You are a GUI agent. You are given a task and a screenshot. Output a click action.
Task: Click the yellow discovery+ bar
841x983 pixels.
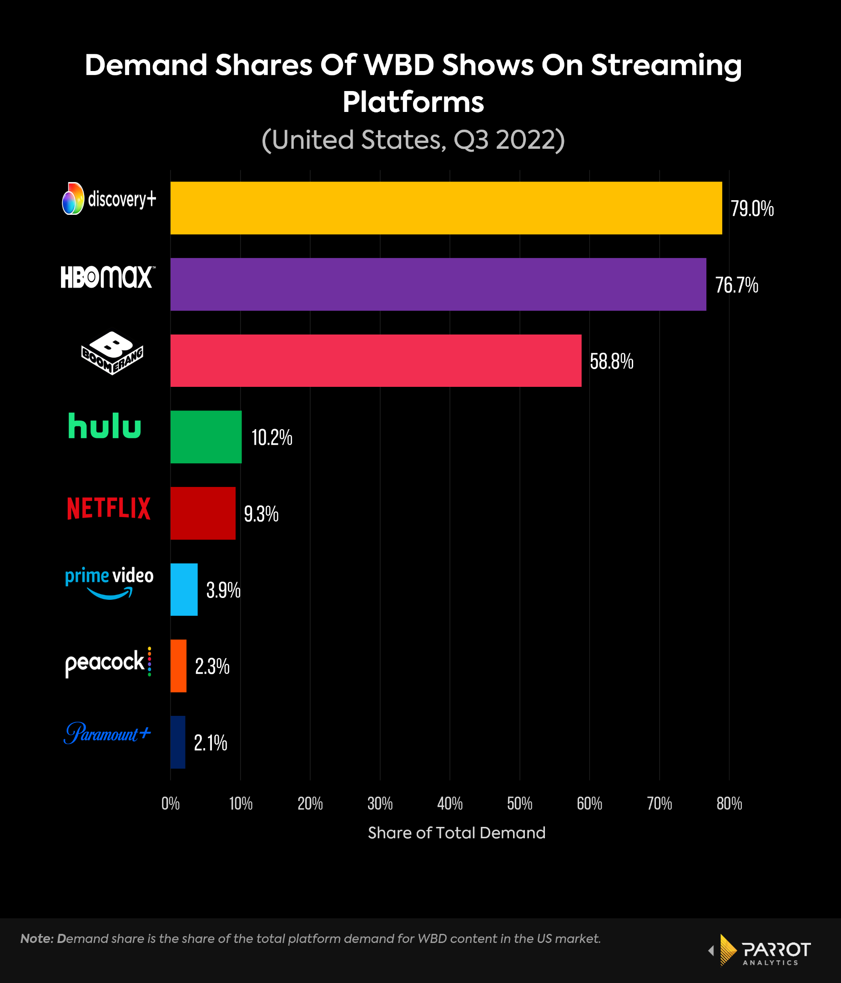[446, 208]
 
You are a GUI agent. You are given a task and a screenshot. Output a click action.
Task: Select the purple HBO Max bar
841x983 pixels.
[438, 284]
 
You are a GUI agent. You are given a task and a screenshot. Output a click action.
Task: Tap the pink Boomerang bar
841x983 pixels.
[375, 360]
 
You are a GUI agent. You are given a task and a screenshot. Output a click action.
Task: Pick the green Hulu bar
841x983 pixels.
[206, 437]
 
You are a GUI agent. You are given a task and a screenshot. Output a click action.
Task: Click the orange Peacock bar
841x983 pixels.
[178, 666]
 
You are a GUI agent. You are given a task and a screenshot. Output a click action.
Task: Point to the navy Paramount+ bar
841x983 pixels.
[178, 742]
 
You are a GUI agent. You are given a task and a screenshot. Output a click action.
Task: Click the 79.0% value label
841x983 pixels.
[752, 209]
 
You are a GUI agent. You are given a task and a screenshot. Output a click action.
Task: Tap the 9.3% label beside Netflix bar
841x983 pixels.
[261, 514]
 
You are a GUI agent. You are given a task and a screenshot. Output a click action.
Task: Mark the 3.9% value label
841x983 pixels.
[223, 590]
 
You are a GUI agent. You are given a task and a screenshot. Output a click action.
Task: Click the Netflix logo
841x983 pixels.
[109, 508]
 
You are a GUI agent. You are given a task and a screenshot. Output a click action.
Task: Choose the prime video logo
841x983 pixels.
[109, 583]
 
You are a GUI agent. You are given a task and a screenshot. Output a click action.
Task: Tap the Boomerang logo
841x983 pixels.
[112, 354]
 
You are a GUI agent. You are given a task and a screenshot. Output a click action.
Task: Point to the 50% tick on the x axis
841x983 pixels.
[519, 804]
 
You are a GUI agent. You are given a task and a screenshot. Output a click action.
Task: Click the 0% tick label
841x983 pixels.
[171, 804]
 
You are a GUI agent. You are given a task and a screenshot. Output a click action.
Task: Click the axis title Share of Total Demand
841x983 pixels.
[457, 833]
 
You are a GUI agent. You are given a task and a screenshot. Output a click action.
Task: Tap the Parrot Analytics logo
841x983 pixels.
[763, 950]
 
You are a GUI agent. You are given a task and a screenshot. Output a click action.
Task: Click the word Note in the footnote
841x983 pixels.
[36, 938]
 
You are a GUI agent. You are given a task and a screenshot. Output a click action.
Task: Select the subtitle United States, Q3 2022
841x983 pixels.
[413, 140]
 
